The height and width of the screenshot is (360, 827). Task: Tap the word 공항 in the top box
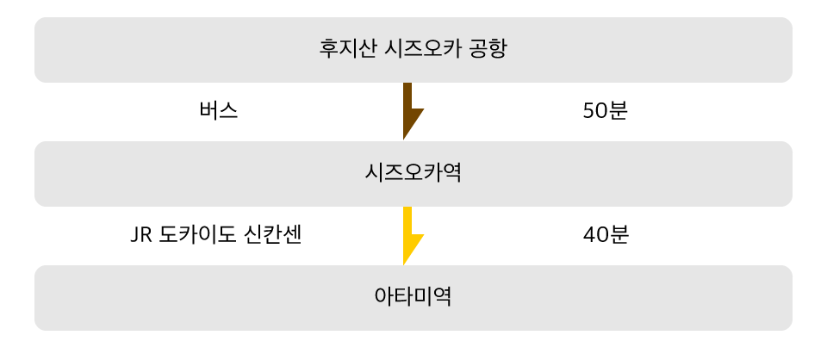tap(488, 48)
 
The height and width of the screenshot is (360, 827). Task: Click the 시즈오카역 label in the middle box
tap(413, 173)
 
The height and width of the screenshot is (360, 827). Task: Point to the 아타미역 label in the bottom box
tap(413, 297)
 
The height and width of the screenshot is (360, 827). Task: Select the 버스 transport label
tap(217, 111)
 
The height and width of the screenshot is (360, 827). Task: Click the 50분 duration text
tap(605, 111)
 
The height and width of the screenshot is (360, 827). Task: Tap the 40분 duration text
tap(605, 235)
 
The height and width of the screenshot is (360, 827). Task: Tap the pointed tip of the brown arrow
tap(405, 136)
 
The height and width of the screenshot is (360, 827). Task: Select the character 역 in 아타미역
tap(443, 297)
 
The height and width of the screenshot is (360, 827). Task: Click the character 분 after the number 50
tap(618, 111)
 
